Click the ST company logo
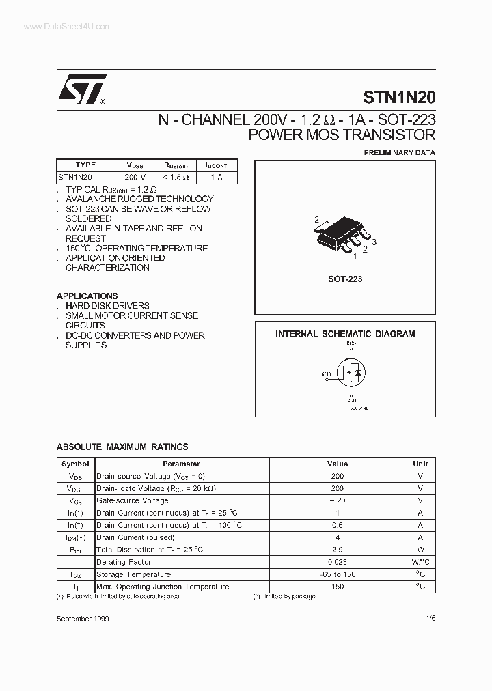click(81, 89)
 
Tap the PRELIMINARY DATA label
click(399, 152)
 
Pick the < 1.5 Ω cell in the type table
click(176, 177)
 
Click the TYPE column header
click(86, 165)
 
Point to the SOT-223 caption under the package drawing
click(345, 279)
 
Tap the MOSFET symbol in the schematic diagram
click(351, 374)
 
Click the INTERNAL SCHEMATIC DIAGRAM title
click(345, 334)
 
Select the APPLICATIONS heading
click(87, 296)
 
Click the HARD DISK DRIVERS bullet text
click(107, 306)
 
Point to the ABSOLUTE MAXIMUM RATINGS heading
click(122, 447)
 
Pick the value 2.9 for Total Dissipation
click(337, 550)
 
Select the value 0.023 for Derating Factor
click(337, 562)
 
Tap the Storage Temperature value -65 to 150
click(337, 574)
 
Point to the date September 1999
click(83, 618)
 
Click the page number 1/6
click(429, 618)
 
